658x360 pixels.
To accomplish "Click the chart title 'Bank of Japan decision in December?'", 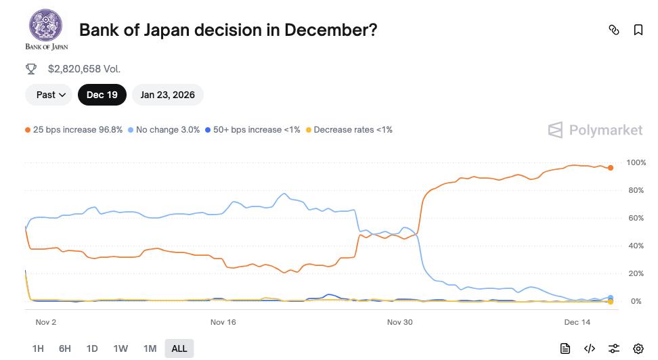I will (x=228, y=30).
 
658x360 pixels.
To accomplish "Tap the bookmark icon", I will (x=638, y=30).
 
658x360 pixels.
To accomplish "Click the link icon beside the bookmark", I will (x=614, y=30).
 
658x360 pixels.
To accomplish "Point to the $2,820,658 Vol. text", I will (x=84, y=68).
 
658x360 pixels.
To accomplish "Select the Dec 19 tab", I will (x=102, y=95).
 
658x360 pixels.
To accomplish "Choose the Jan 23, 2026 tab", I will (x=167, y=95).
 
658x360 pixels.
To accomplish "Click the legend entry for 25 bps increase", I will (x=74, y=129).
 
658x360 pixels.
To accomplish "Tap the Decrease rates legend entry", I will (x=349, y=129).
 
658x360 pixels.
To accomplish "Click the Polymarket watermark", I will (x=595, y=130).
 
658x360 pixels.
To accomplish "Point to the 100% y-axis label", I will (x=636, y=163).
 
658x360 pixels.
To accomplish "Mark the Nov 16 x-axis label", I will (x=223, y=322).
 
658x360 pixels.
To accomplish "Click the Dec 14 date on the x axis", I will (x=577, y=322).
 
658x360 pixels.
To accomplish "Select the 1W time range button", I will (x=120, y=348).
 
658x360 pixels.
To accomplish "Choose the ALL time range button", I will (x=179, y=348).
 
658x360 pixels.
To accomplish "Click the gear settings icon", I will (x=638, y=348).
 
